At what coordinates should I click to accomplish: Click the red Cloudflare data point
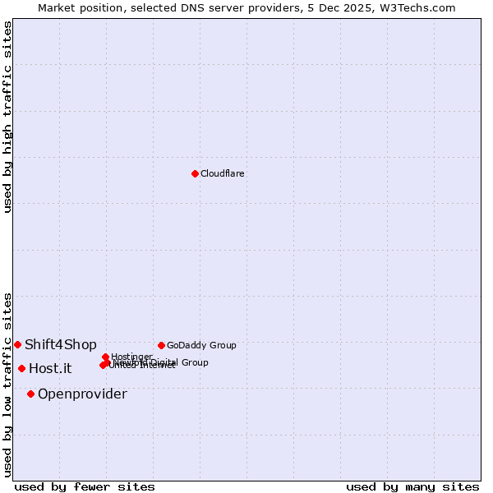click(195, 173)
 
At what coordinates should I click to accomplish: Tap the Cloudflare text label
click(223, 173)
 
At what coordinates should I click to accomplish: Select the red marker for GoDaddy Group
click(161, 345)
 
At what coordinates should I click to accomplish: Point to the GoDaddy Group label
click(201, 345)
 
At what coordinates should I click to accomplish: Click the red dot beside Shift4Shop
click(17, 344)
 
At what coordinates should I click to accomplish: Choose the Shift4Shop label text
click(61, 344)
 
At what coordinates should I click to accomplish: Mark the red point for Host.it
click(21, 368)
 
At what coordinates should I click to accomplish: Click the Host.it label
click(50, 368)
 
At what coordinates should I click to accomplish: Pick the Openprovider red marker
click(30, 394)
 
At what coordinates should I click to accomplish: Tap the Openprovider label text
click(82, 394)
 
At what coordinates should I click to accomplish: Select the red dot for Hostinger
click(105, 357)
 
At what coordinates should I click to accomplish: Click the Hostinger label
click(131, 357)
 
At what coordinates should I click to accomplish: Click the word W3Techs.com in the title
click(420, 7)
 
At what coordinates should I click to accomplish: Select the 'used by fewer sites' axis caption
click(85, 486)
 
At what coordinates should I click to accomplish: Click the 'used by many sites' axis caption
click(412, 486)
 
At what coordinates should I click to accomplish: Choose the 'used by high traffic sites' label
click(7, 117)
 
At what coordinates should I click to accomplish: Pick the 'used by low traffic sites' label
click(7, 384)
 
